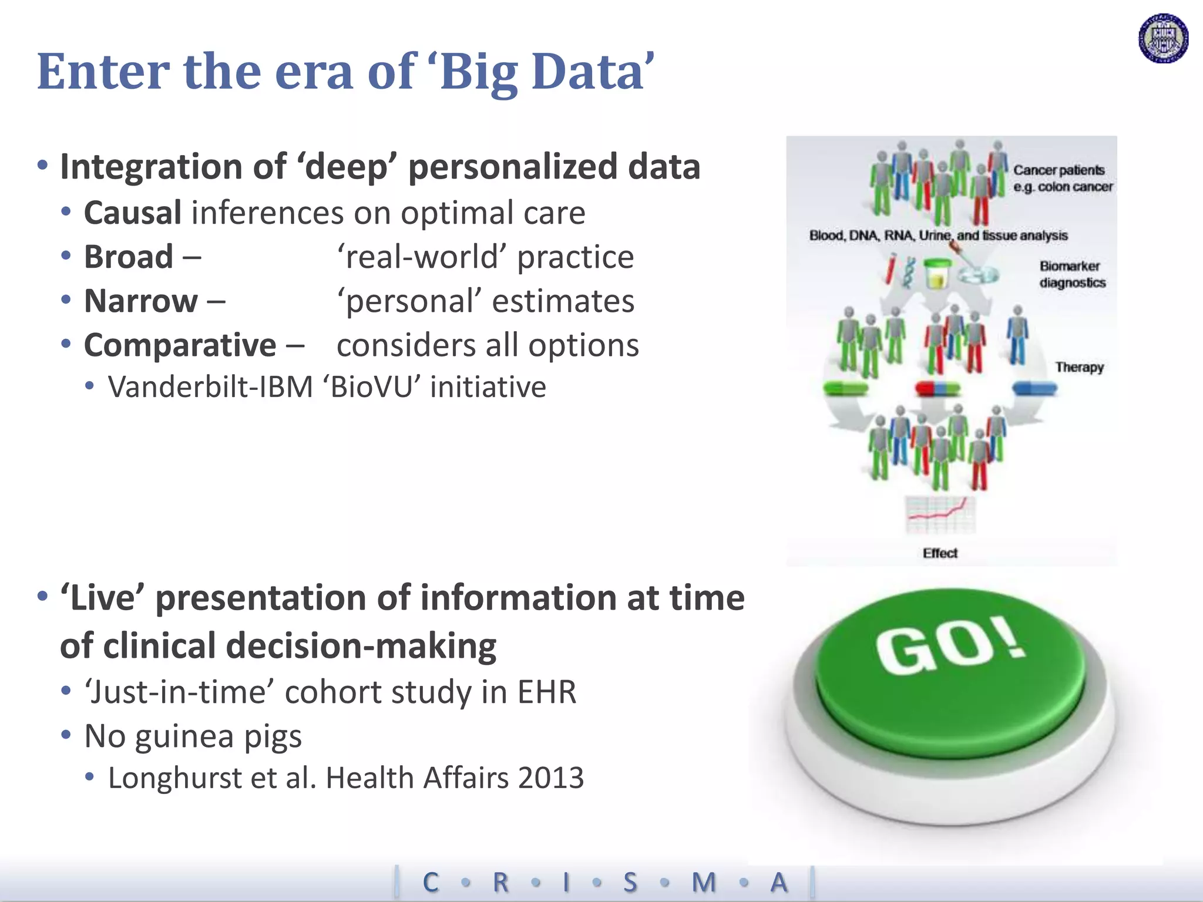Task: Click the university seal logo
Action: point(1163,39)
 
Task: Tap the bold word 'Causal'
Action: point(133,213)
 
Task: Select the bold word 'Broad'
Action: point(129,257)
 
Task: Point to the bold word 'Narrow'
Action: point(141,301)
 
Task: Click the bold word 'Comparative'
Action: point(180,345)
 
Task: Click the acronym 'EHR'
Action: point(546,692)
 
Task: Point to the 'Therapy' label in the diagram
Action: point(1079,367)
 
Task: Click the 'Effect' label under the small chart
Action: point(940,553)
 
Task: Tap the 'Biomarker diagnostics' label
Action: point(1072,274)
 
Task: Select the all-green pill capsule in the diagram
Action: point(845,388)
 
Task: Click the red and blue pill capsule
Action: point(937,388)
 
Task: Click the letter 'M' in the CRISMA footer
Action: point(704,883)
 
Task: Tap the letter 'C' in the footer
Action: point(431,883)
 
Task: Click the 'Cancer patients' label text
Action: point(1058,170)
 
